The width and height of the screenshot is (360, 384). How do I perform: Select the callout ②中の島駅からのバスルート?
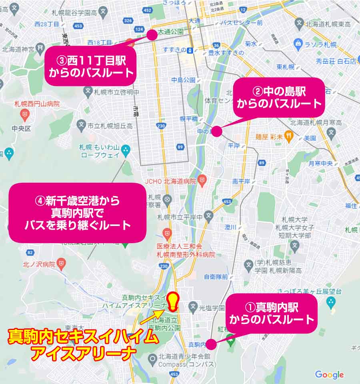(279, 98)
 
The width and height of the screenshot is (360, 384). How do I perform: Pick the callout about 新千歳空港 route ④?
(77, 213)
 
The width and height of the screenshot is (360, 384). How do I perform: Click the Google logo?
(329, 375)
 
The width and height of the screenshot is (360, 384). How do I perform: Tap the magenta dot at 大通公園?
(152, 35)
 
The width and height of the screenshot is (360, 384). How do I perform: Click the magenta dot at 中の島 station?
(216, 131)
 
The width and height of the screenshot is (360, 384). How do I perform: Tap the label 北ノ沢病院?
(39, 264)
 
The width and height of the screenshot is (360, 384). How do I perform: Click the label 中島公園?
(183, 80)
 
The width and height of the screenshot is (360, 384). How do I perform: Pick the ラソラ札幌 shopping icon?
(298, 43)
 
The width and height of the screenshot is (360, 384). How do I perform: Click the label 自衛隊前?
(216, 276)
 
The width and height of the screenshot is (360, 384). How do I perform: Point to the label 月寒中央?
(321, 163)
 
